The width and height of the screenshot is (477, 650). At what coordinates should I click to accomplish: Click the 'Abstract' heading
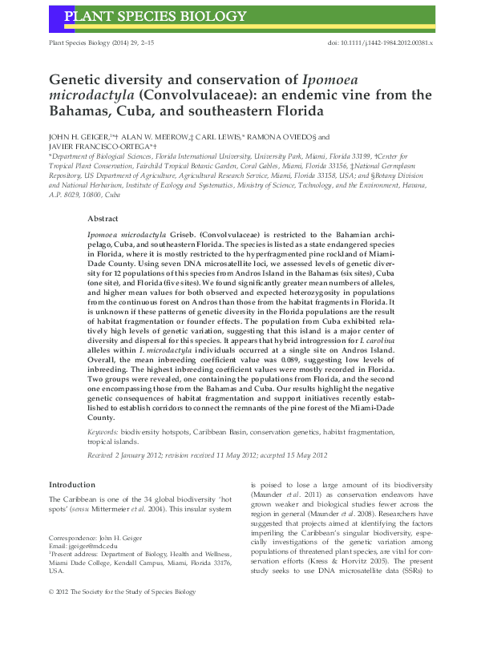[103, 218]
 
